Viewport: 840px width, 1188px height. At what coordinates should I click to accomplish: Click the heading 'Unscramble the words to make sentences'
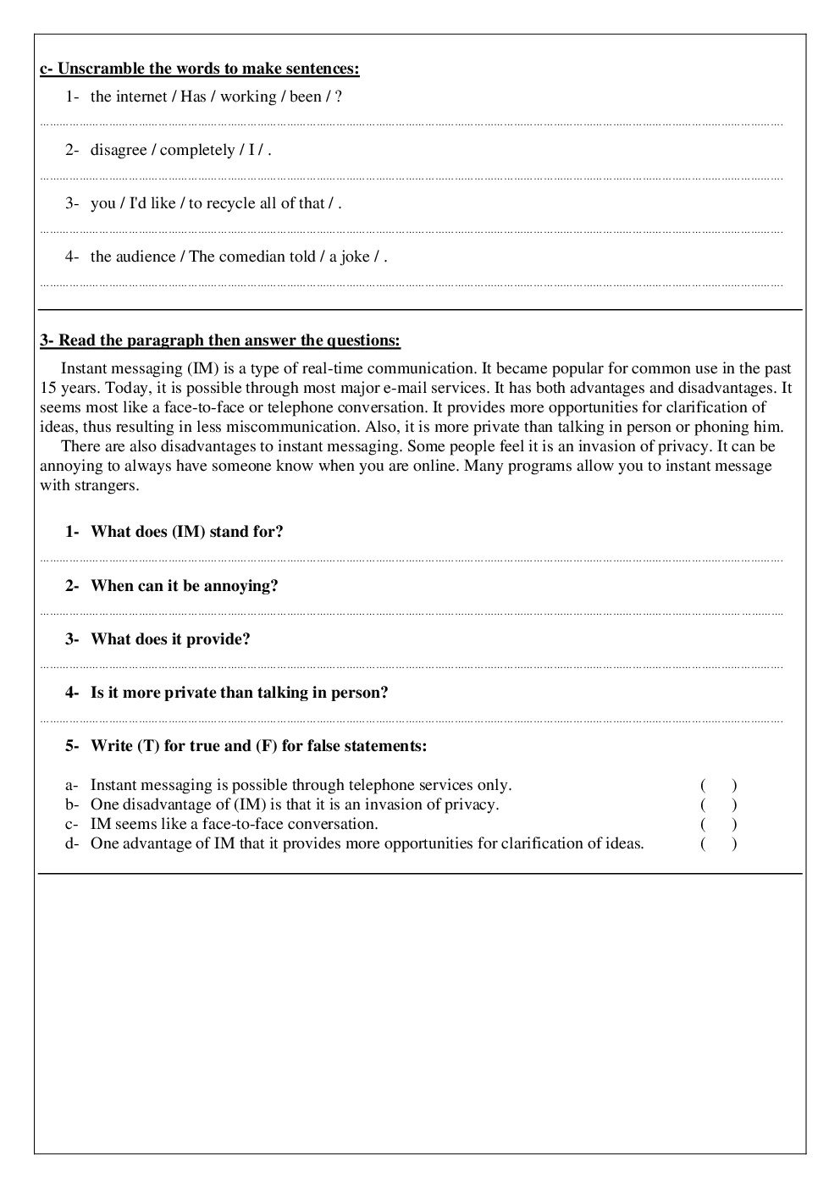point(199,69)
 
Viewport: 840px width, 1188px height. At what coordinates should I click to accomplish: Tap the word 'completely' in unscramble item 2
point(197,150)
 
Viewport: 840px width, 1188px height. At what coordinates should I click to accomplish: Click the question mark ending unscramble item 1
point(339,97)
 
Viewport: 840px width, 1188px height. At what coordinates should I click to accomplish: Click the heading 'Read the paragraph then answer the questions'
point(220,340)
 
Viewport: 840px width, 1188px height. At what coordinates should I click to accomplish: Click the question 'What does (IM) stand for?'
point(187,532)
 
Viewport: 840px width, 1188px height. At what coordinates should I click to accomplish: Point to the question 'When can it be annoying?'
point(185,586)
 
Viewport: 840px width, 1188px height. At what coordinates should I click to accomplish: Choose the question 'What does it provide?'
point(170,639)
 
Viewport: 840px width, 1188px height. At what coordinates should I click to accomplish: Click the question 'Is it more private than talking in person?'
point(240,693)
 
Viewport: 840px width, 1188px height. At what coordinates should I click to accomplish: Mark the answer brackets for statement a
point(718,785)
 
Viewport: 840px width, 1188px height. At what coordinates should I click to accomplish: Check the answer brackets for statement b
point(718,804)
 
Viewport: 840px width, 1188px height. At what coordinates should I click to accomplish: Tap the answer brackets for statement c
point(718,824)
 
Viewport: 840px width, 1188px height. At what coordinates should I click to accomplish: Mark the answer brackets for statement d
point(718,843)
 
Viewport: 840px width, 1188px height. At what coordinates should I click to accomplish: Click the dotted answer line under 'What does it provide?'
point(412,667)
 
